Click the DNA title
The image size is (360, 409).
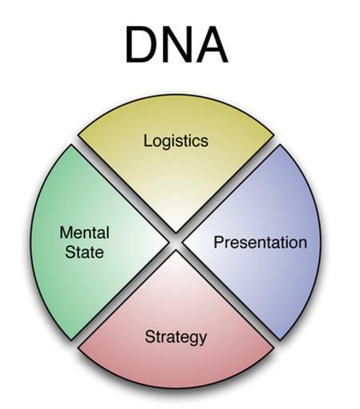click(176, 45)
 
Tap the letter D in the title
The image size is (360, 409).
click(140, 45)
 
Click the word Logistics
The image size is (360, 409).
click(176, 141)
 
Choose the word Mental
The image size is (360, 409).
click(85, 232)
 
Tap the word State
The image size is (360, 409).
click(85, 252)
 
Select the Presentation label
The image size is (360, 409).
click(260, 242)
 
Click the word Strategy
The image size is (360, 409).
click(176, 337)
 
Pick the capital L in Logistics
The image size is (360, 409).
click(148, 140)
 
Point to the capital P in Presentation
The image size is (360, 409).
click(219, 242)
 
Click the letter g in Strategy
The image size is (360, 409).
click(191, 340)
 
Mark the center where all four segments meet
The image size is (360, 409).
click(176, 242)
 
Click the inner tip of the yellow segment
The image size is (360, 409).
click(176, 232)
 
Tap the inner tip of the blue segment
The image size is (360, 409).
click(184, 242)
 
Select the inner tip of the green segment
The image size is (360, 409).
click(168, 242)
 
